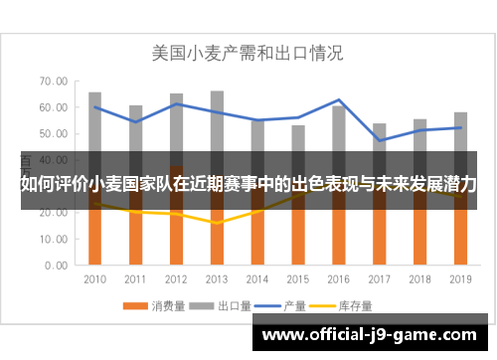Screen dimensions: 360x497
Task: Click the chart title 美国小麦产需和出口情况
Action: [x=248, y=51]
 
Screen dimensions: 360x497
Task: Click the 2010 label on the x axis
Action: [x=95, y=278]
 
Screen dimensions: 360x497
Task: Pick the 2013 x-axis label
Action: [x=217, y=278]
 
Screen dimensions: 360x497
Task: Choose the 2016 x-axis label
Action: [x=338, y=278]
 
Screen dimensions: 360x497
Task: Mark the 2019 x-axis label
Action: [x=459, y=278]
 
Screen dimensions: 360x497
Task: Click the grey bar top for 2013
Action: [x=217, y=91]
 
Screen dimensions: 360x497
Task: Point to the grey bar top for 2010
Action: [x=95, y=93]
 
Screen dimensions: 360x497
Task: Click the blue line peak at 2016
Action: [x=338, y=100]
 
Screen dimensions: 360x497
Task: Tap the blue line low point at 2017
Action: [x=379, y=140]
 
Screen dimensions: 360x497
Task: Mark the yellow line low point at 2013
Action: [x=217, y=223]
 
